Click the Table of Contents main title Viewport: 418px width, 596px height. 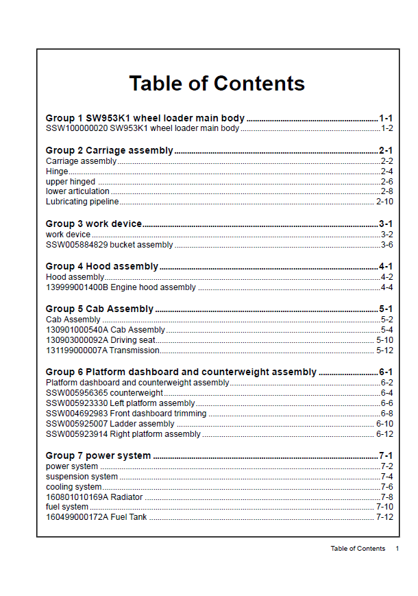(x=217, y=84)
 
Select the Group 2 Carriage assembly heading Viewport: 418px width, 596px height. (x=109, y=150)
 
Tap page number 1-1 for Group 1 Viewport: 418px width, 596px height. (x=386, y=118)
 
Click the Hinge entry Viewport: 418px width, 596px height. (x=57, y=171)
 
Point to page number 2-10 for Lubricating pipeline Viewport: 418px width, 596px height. (x=384, y=202)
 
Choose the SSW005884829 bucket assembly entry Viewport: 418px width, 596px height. (x=109, y=245)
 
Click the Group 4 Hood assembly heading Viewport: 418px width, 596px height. (x=101, y=266)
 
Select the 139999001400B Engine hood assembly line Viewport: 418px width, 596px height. (x=121, y=287)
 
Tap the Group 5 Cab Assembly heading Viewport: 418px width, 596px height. (x=99, y=309)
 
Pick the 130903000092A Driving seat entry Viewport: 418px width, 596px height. (x=100, y=340)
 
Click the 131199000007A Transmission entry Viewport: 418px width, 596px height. (x=102, y=350)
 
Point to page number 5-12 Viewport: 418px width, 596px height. (x=384, y=350)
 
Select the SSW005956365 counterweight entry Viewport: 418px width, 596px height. (x=104, y=393)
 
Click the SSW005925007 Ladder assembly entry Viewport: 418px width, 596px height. (x=110, y=424)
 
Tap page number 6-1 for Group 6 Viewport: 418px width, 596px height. (x=386, y=372)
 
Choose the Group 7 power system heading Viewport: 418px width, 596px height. (x=98, y=455)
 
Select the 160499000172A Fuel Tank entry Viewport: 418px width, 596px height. (x=96, y=517)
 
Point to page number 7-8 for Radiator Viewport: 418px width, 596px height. (x=386, y=497)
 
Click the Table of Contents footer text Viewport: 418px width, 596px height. (x=358, y=549)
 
